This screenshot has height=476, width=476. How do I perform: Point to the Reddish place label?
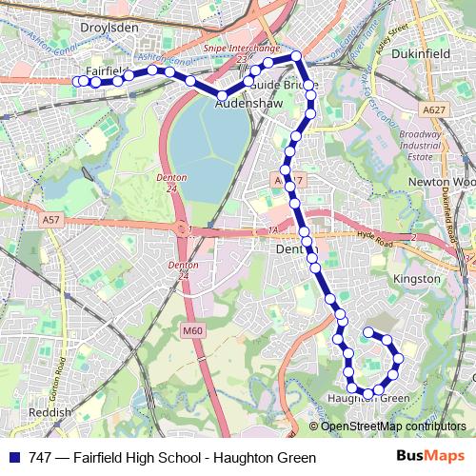[50, 412]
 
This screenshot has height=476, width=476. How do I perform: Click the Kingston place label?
[416, 279]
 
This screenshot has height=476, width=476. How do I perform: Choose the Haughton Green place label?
[368, 398]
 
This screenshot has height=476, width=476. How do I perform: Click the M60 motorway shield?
[194, 330]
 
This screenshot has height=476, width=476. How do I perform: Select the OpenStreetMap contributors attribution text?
[392, 426]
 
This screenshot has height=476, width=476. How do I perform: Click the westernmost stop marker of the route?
[78, 82]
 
